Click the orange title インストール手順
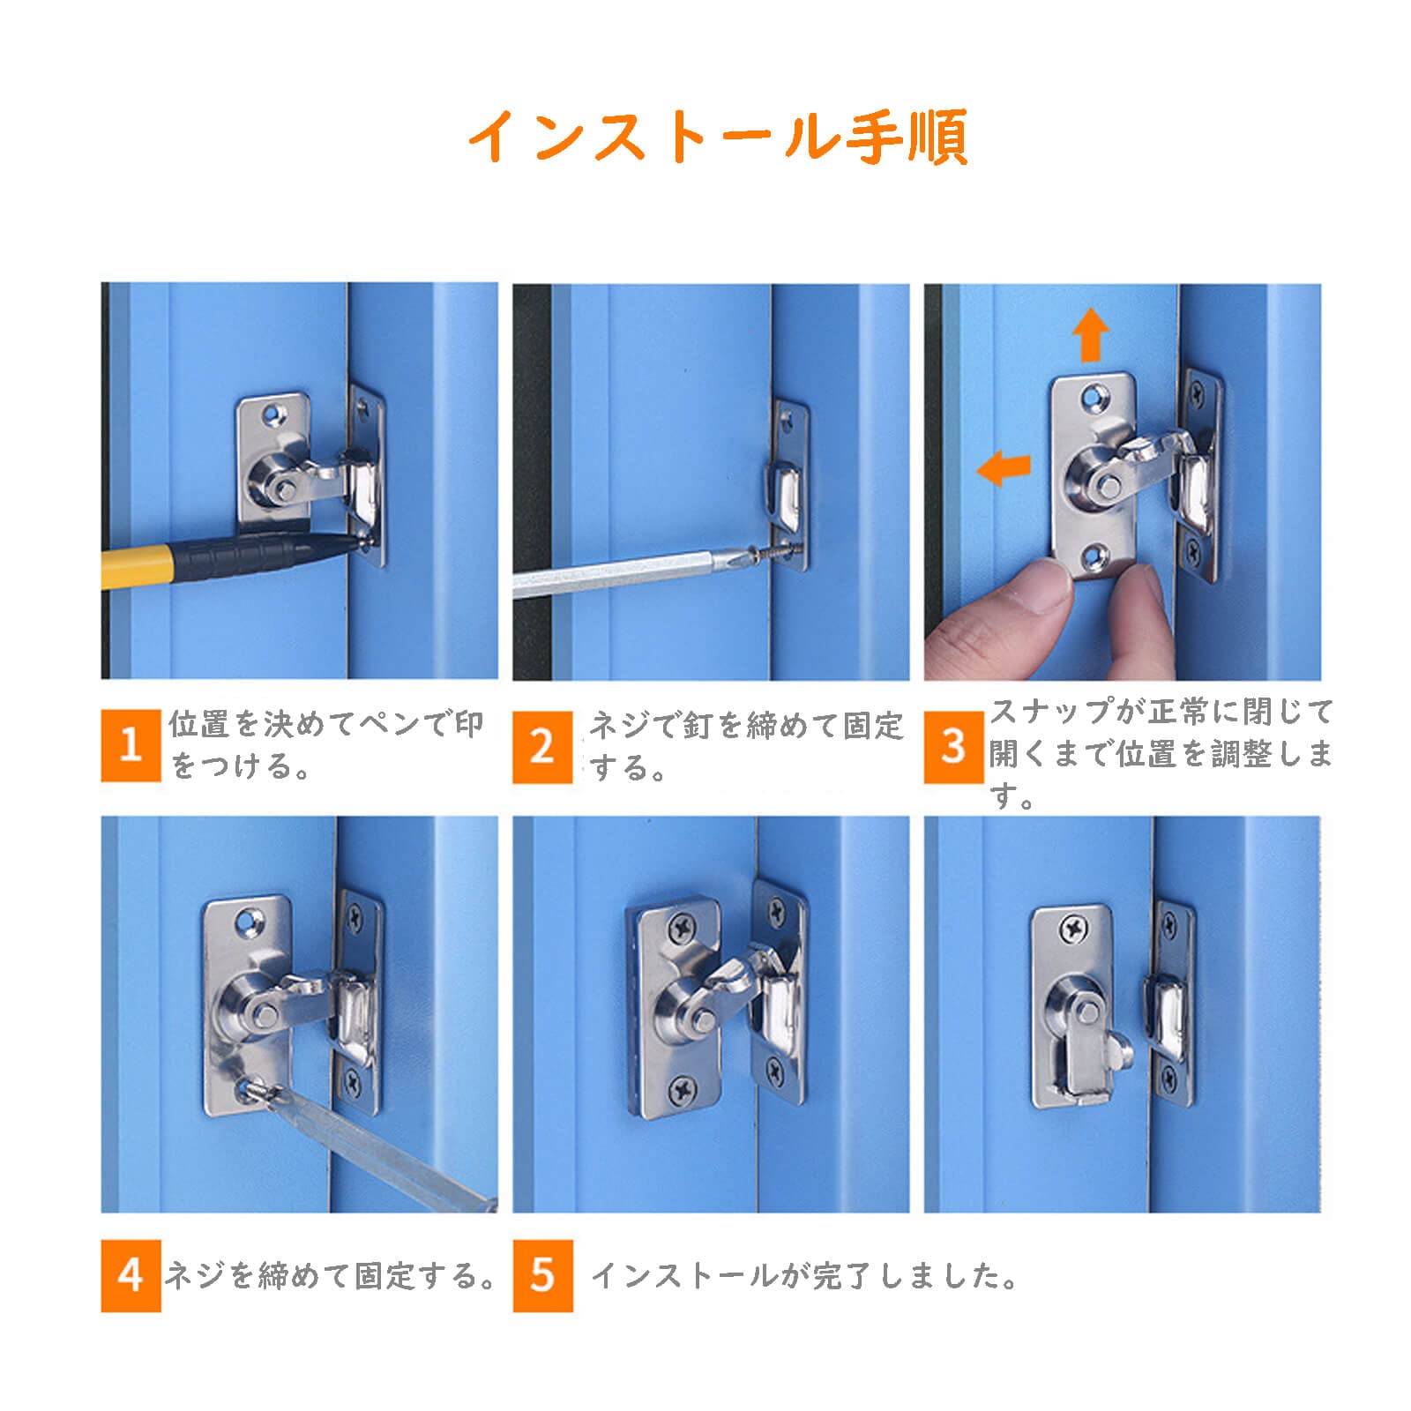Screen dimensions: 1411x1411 (718, 137)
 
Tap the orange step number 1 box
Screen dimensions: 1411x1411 (131, 745)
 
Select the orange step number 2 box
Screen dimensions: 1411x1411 (542, 747)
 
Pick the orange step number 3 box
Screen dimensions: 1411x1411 (953, 747)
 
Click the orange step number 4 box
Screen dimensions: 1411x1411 (131, 1275)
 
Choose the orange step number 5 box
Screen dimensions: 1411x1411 (542, 1275)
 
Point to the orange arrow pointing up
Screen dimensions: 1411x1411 (1090, 334)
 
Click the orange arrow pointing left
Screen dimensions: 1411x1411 (1004, 467)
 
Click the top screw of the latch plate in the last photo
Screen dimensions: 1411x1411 (1073, 928)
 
